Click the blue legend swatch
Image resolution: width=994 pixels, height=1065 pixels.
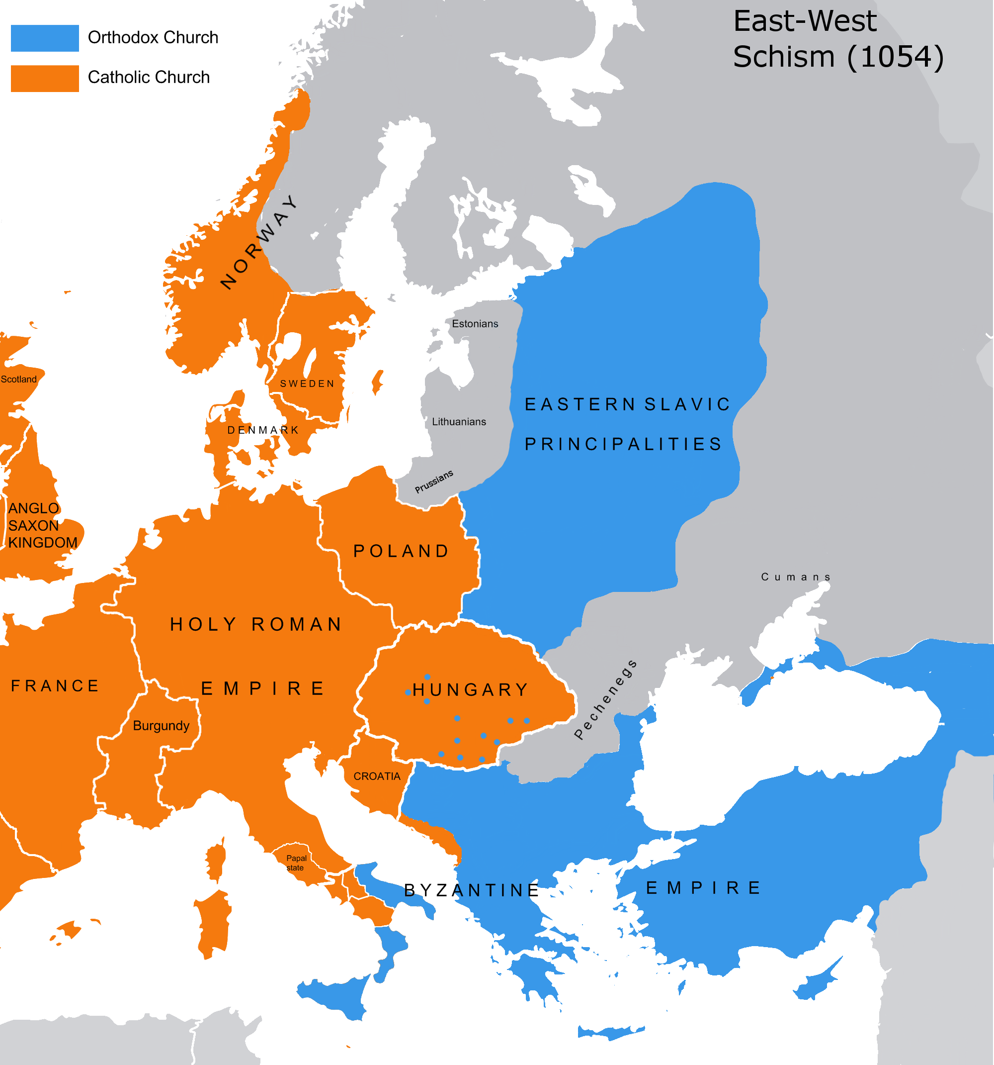pos(45,38)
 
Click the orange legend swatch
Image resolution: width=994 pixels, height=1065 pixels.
pos(45,78)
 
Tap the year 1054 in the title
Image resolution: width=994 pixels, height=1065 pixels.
pos(896,57)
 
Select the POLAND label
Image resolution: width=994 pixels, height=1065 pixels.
pos(401,551)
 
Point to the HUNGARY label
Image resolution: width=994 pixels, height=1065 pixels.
pos(471,689)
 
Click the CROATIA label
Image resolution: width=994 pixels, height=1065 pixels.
pos(377,776)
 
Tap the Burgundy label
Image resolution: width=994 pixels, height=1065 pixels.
pos(161,725)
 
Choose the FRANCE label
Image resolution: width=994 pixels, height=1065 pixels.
pos(55,686)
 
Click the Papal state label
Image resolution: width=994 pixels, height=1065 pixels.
pos(296,863)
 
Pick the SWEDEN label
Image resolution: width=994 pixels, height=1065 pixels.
pos(307,384)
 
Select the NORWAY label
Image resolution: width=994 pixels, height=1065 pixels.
pos(259,242)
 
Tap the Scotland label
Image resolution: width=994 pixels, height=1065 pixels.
pos(19,379)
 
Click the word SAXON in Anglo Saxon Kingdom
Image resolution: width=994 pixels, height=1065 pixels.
pos(33,525)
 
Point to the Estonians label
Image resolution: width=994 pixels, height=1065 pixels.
pos(475,323)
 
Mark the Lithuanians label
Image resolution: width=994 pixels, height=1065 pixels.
pos(459,422)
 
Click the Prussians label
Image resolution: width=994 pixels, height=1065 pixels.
pos(434,481)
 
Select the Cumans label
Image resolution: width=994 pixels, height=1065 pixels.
pos(795,577)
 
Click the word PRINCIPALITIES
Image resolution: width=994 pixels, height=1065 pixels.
pos(623,444)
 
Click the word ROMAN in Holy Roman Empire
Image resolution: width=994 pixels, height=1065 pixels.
pos(297,624)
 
